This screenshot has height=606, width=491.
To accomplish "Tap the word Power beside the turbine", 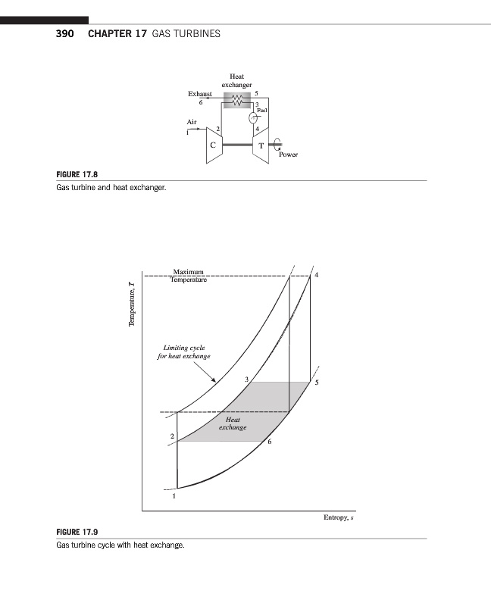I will (289, 154).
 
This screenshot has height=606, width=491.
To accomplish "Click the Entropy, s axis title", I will (339, 518).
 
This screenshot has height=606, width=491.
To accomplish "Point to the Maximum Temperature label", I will (188, 276).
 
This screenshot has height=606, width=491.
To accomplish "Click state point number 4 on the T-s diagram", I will (317, 274).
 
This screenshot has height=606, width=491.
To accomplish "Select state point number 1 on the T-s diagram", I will (174, 497).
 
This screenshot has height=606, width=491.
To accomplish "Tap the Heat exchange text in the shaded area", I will (233, 423).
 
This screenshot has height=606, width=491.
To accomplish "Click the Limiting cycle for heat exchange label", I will (184, 351).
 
